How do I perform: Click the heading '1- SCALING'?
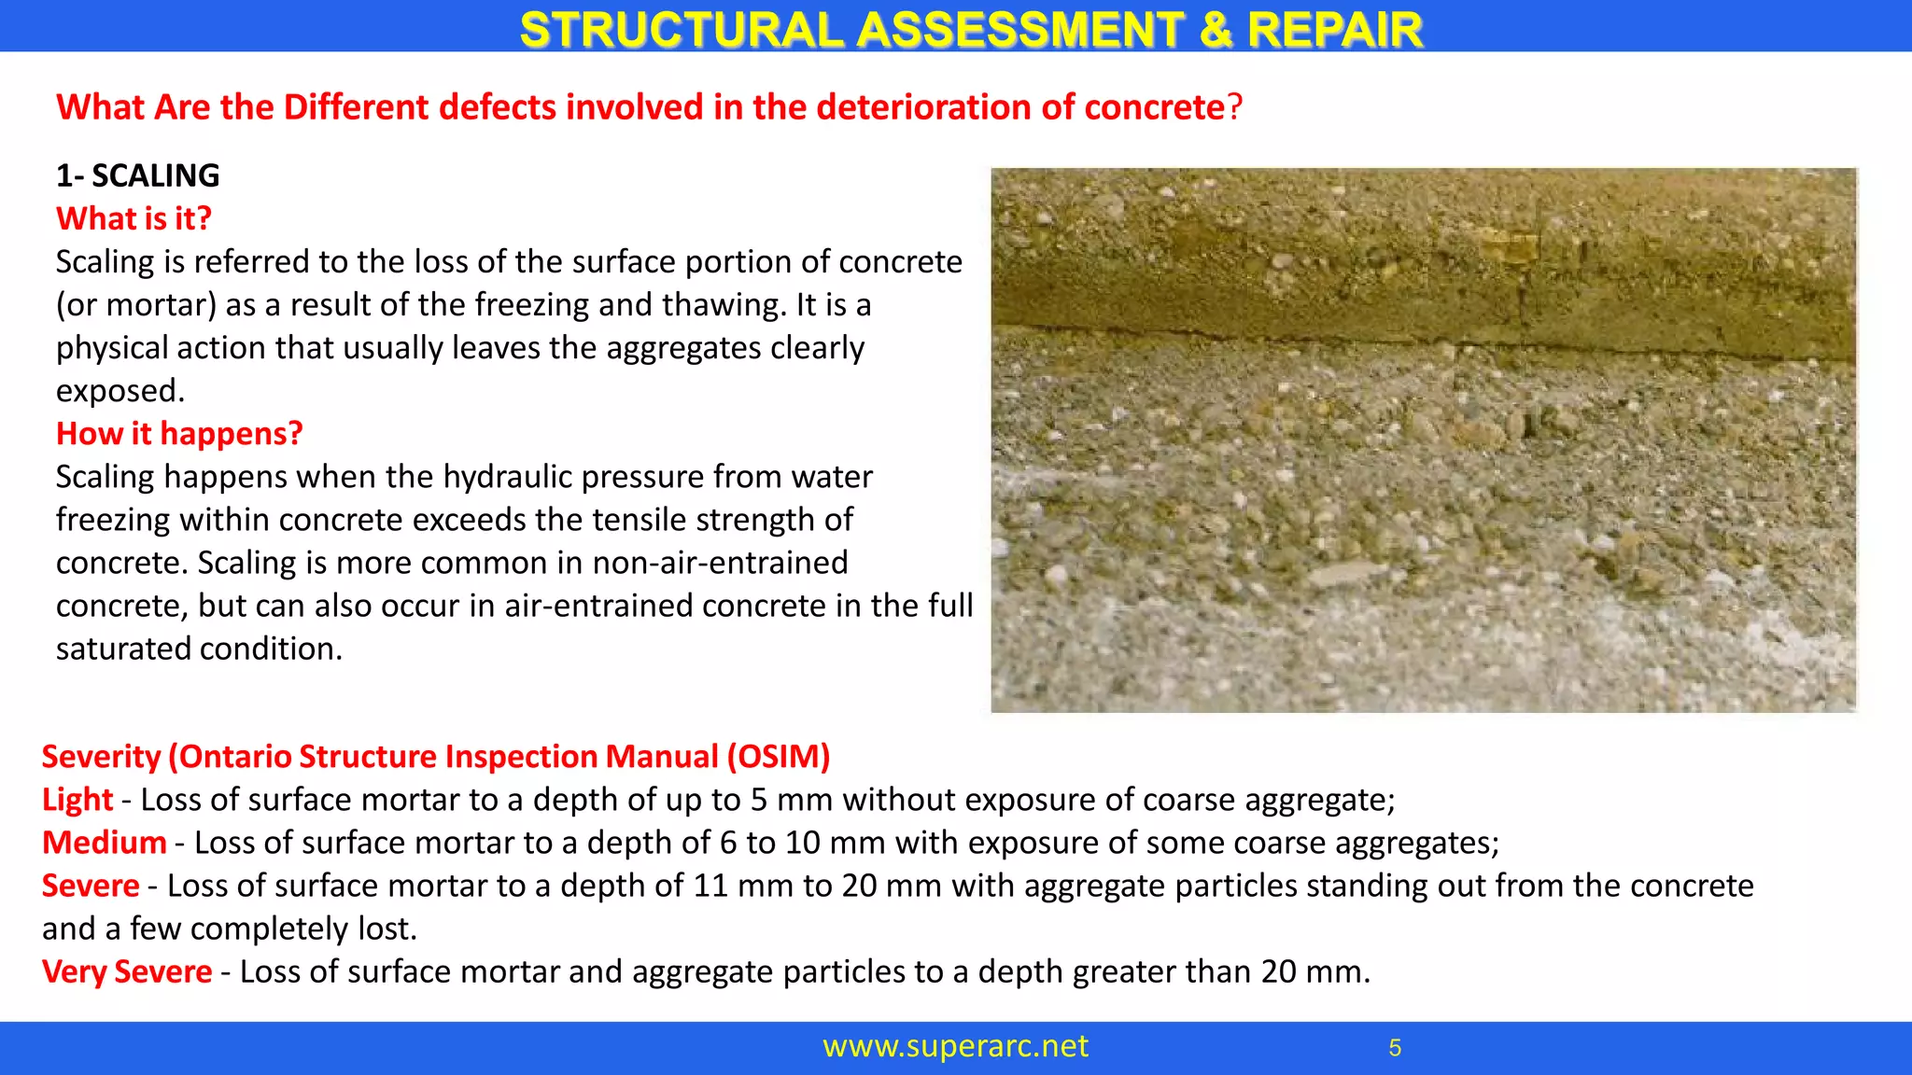(138, 175)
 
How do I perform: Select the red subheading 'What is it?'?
(134, 218)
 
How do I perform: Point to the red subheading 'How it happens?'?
(179, 434)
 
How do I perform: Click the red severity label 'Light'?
(77, 800)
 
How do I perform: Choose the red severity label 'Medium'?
(105, 843)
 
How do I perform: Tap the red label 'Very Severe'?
(127, 971)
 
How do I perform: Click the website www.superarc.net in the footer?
(955, 1046)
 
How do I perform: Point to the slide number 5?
(1395, 1048)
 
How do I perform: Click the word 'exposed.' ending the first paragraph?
(120, 391)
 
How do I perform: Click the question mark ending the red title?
(1235, 107)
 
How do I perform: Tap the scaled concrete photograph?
(1424, 440)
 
